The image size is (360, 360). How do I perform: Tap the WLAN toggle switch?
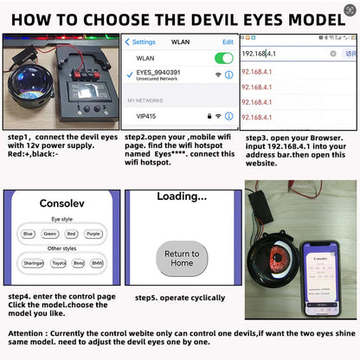[x=223, y=58]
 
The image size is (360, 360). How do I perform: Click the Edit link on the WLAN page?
[x=228, y=42]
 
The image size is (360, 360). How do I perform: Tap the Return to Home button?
[x=182, y=259]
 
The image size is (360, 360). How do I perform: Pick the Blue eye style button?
[x=29, y=234]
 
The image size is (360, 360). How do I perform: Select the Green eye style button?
[x=51, y=234]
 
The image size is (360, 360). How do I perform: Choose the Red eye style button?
[x=73, y=234]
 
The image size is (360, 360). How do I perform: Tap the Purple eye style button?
[x=94, y=234]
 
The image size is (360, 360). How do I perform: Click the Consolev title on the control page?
[x=61, y=205]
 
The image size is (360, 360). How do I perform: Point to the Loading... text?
[x=181, y=197]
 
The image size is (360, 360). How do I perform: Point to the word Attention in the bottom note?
[x=31, y=332]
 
